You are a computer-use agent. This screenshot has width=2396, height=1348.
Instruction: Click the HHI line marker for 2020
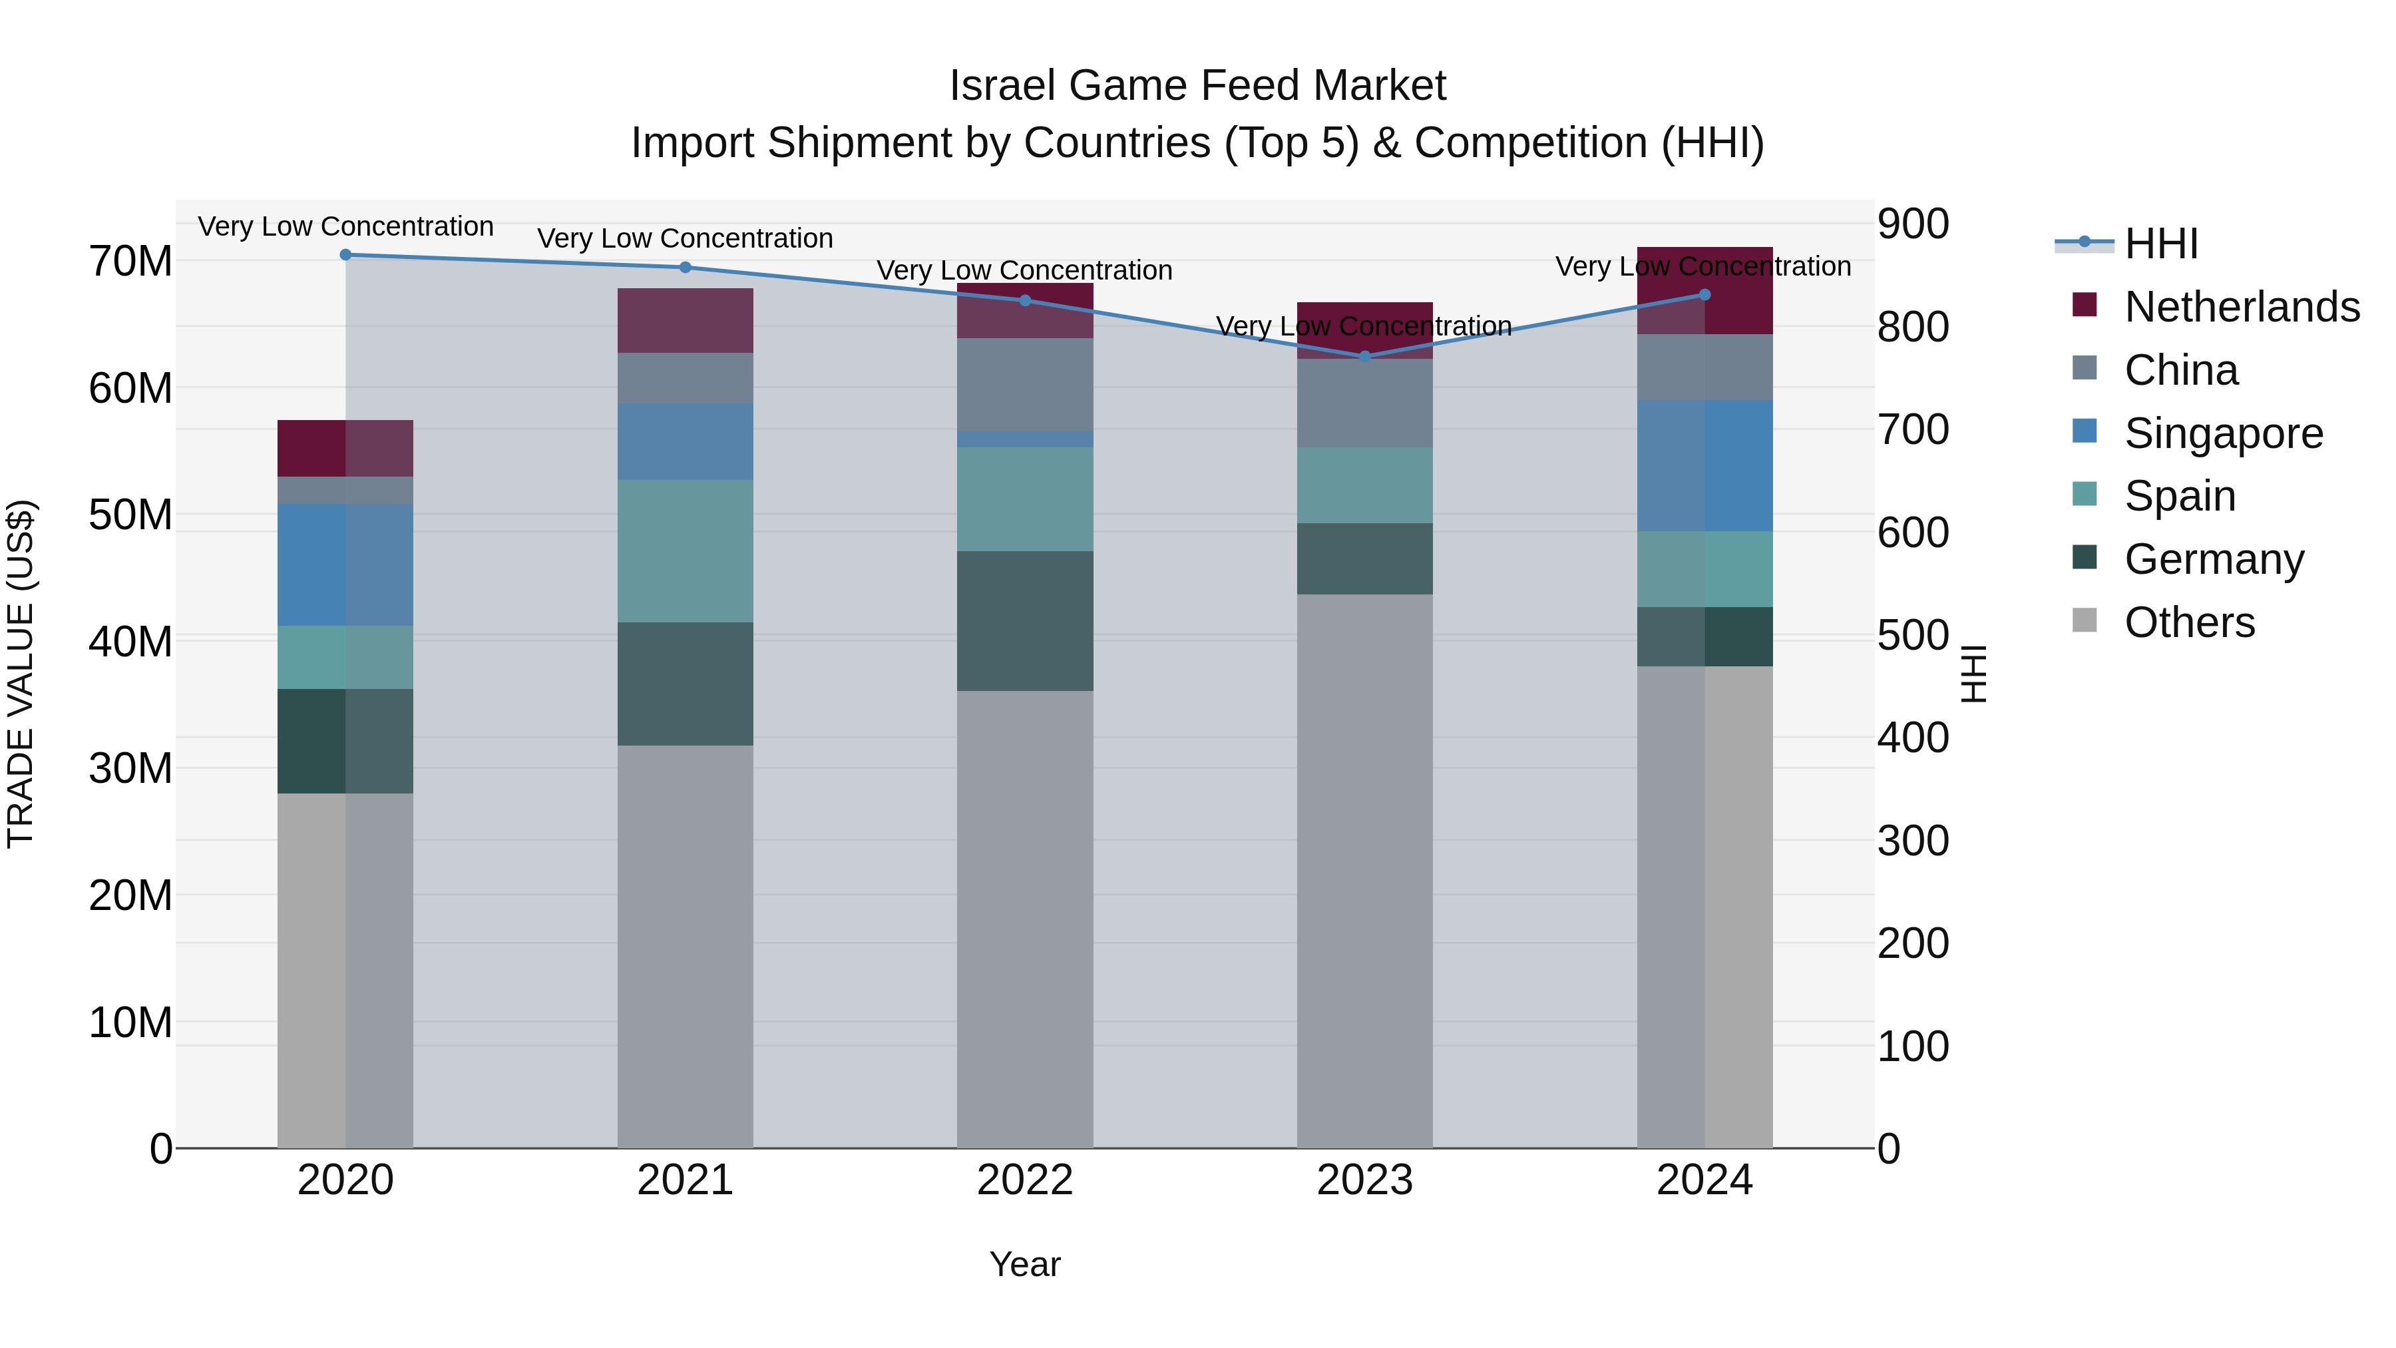point(345,254)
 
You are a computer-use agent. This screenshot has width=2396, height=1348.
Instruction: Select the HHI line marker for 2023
point(1364,355)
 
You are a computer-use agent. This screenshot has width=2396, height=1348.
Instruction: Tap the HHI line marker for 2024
point(1704,295)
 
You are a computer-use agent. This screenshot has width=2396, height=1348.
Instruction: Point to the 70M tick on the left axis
point(130,262)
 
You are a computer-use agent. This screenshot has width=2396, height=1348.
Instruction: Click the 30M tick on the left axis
point(130,768)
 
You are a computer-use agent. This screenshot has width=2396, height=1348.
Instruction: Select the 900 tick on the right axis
point(1912,224)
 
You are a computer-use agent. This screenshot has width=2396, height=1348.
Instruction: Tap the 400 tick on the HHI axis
point(1912,738)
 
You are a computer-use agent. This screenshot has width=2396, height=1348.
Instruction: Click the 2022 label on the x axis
point(1024,1180)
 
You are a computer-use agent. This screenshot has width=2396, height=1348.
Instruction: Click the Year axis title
point(1024,1264)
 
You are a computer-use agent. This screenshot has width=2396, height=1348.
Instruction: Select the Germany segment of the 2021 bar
point(685,684)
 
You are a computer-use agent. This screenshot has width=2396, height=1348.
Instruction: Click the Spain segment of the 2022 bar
point(1024,499)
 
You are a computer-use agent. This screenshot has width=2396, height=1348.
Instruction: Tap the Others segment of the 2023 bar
point(1364,870)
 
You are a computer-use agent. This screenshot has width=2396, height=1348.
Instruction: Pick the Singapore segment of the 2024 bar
point(1704,465)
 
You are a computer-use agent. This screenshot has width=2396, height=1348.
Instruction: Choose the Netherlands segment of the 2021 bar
point(685,320)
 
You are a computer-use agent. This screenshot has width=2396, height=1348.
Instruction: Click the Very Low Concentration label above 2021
point(685,238)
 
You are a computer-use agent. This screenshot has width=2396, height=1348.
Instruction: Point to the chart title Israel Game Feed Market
point(1197,86)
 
